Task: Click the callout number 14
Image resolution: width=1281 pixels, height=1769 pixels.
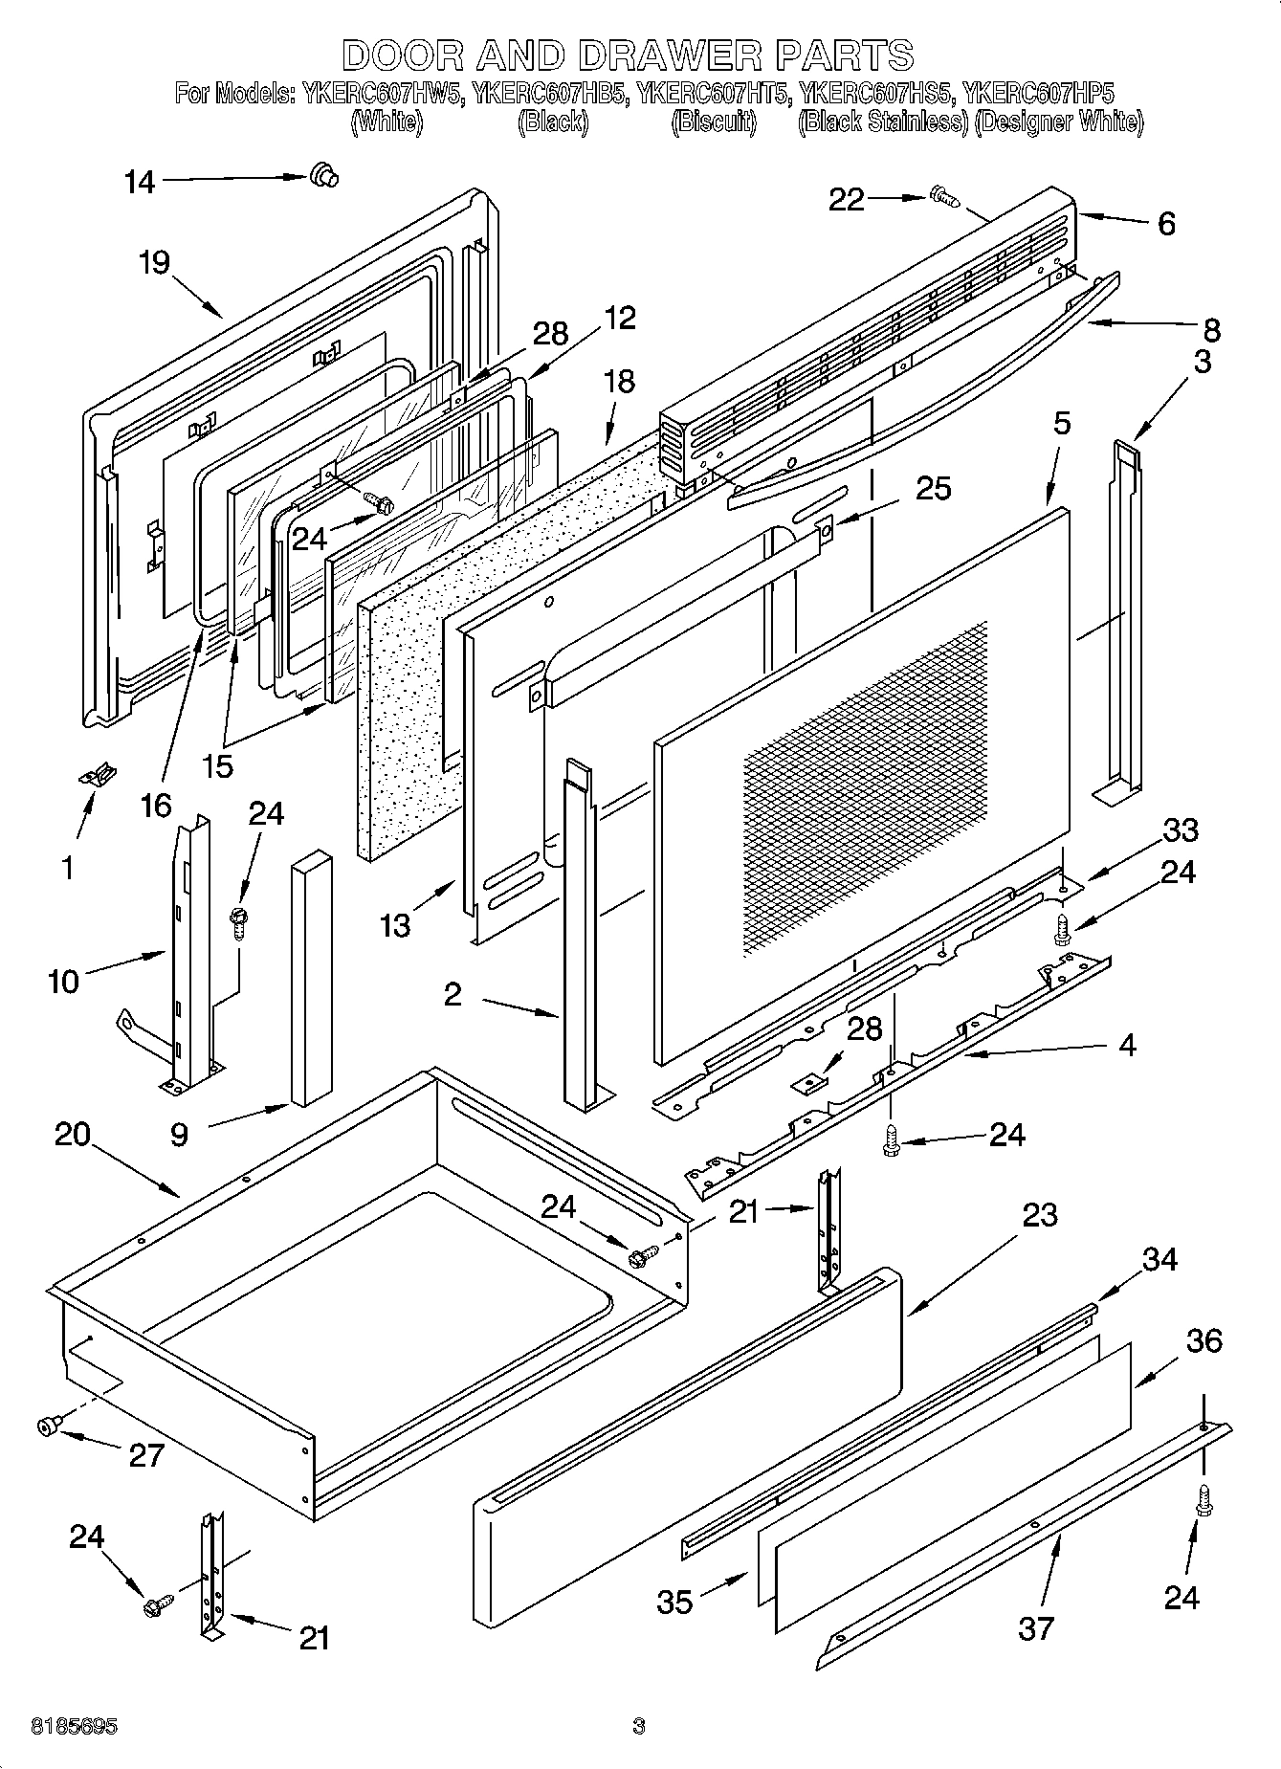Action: click(140, 182)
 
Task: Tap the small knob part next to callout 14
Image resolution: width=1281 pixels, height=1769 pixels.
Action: click(324, 175)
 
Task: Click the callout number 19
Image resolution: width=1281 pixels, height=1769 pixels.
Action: click(154, 262)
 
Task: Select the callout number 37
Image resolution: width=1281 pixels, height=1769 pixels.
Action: click(1035, 1627)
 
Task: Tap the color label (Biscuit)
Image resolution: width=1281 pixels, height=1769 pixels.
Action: click(714, 122)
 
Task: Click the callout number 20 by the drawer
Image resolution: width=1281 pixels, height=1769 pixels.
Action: click(73, 1135)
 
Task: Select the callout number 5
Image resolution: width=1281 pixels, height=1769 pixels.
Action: click(1062, 423)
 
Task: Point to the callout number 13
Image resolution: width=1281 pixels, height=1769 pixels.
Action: click(394, 925)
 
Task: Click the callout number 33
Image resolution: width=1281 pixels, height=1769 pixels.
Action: click(1180, 829)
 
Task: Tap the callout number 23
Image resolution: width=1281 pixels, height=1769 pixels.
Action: click(1039, 1214)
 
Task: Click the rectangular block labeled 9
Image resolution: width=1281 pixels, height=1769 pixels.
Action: click(312, 976)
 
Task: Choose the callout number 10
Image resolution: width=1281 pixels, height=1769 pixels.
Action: click(63, 981)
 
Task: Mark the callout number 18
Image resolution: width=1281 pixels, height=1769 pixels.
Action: click(620, 381)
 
